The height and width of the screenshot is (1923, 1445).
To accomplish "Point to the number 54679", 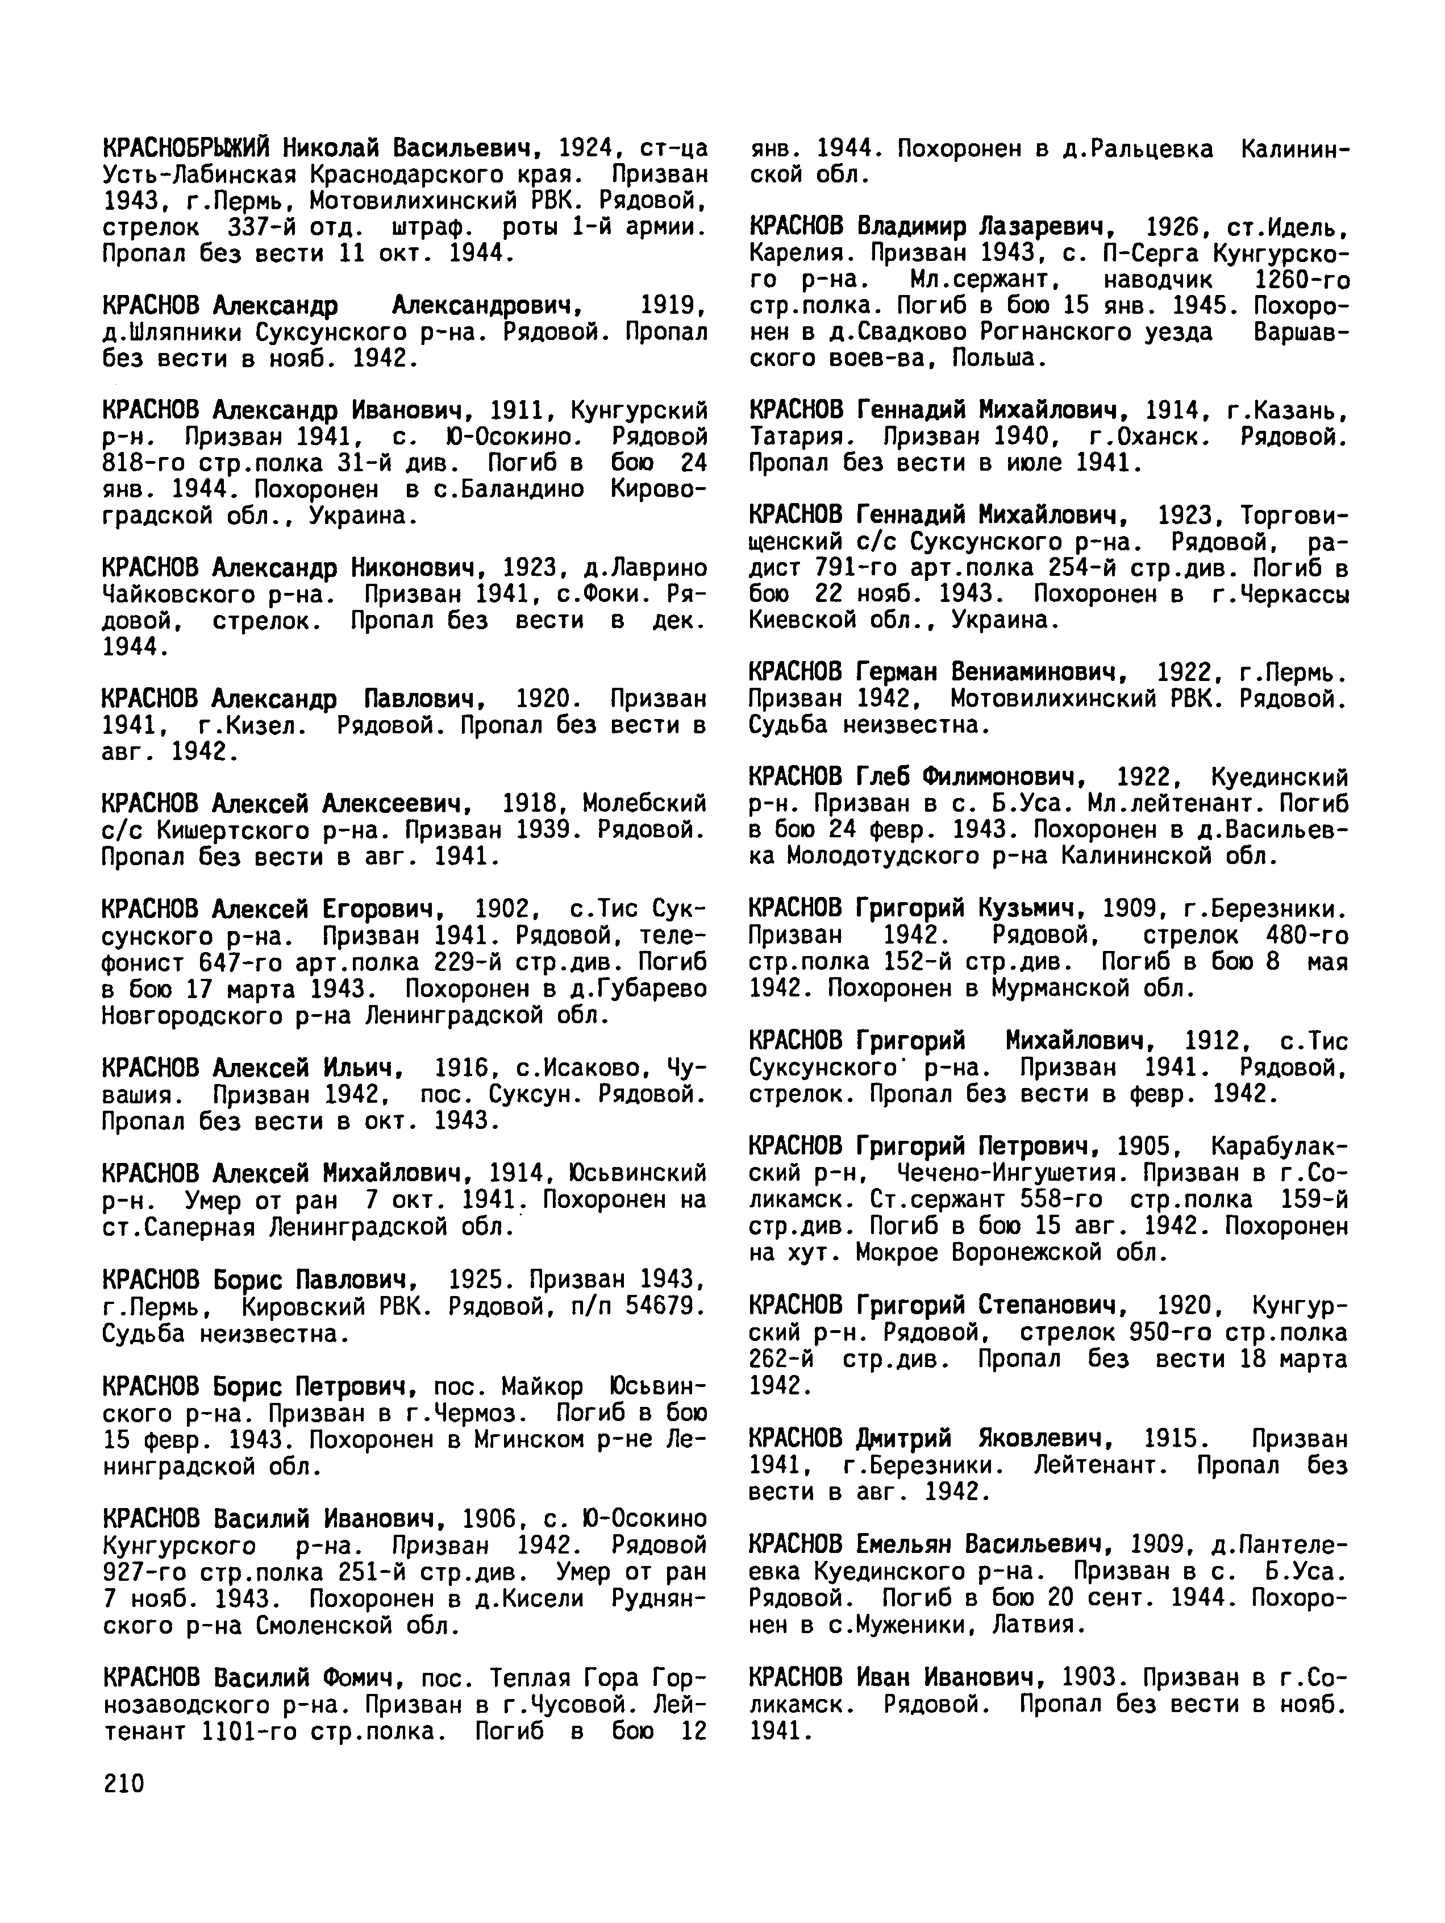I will click(664, 1306).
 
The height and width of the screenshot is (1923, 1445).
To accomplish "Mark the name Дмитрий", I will click(903, 1439).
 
